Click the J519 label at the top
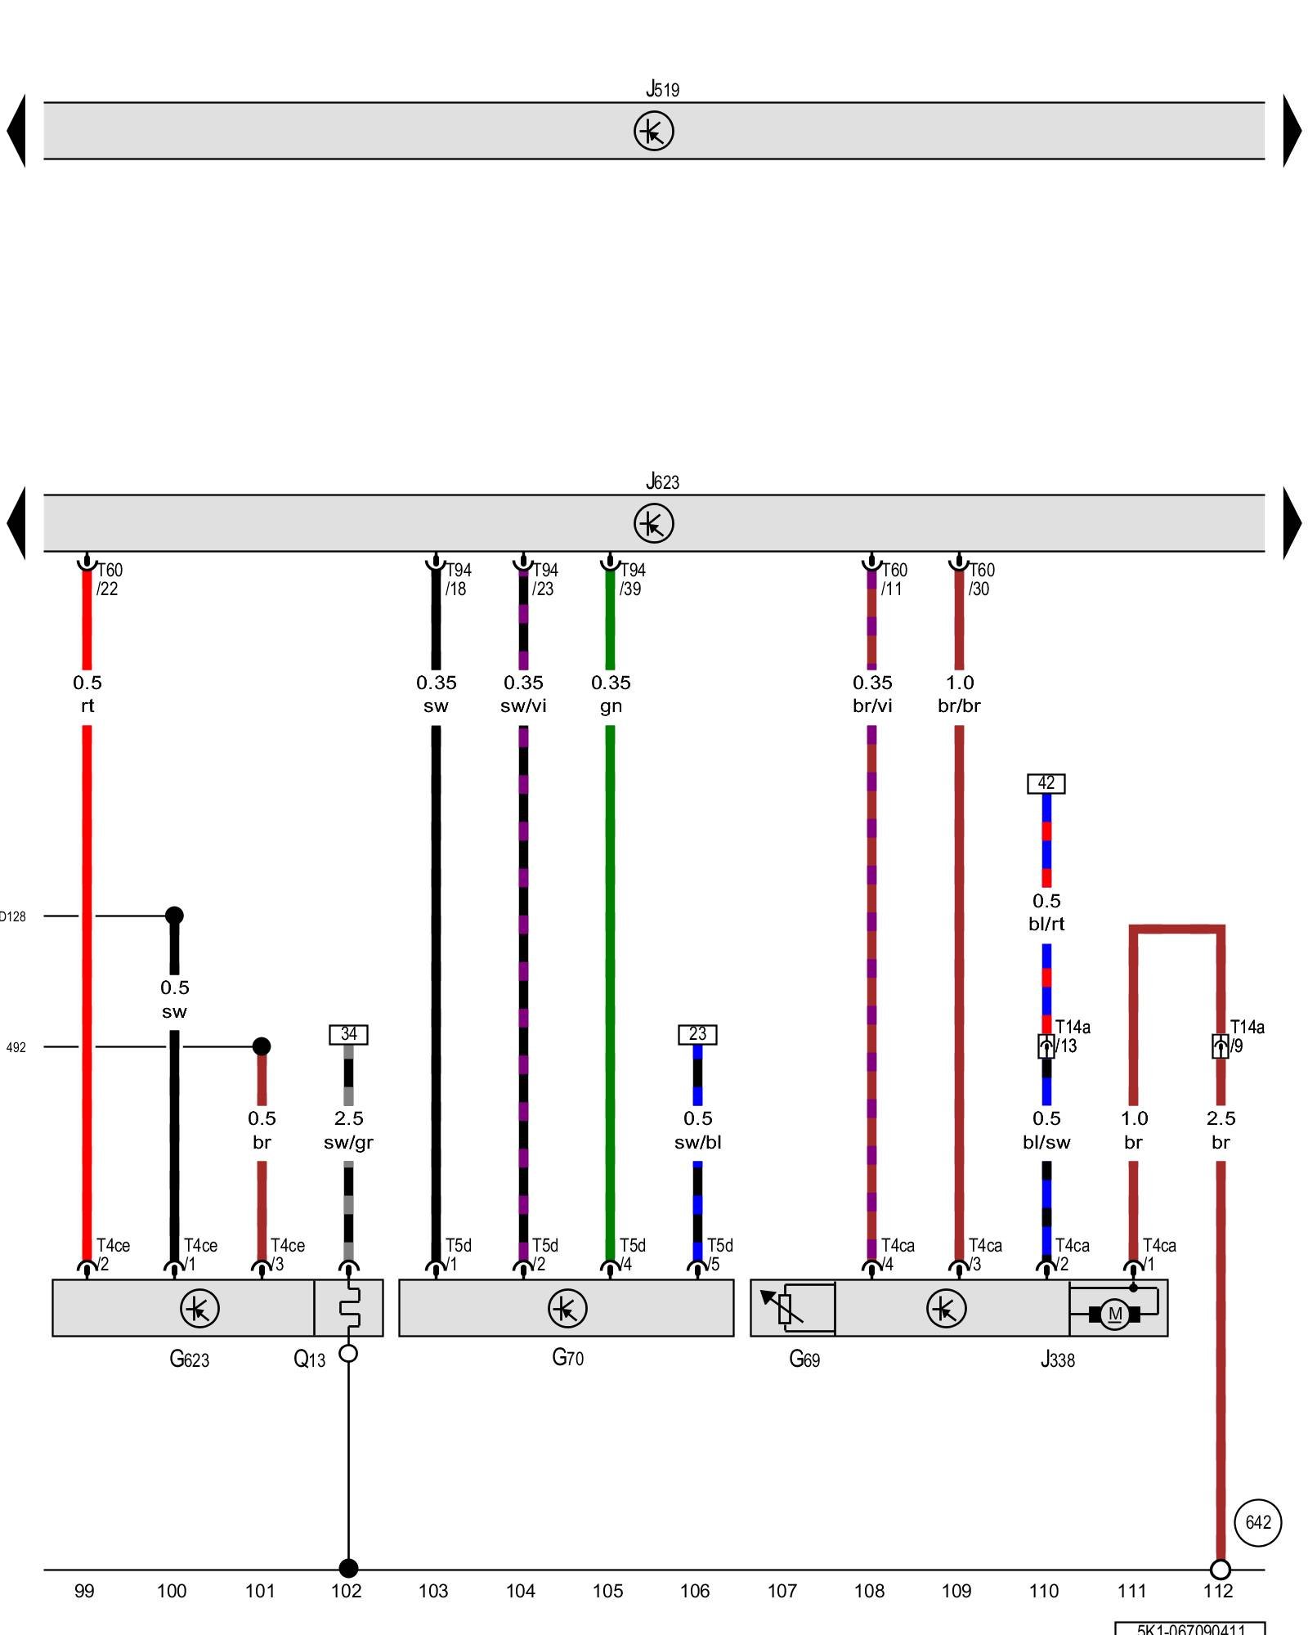662,89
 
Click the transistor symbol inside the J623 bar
653,523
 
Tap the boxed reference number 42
1046,783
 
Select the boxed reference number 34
348,1034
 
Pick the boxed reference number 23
697,1034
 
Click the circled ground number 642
1257,1522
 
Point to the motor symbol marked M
1114,1315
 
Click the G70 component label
567,1358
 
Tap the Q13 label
309,1359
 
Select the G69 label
804,1359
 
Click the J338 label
1057,1360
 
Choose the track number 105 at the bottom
607,1591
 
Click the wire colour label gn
611,706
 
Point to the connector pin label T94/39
631,579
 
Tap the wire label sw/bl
697,1142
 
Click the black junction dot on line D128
174,916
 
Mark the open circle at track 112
1220,1570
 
